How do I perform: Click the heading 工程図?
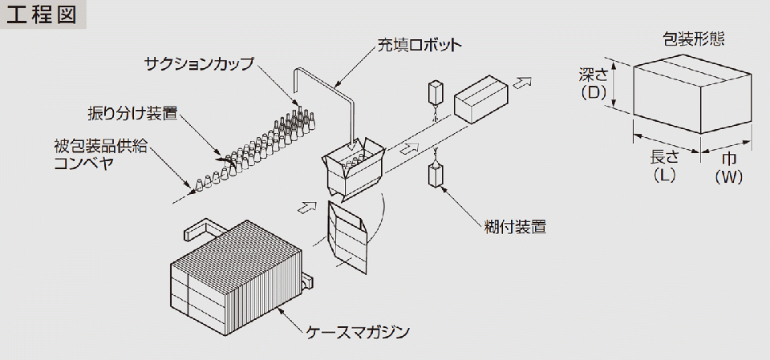point(42,17)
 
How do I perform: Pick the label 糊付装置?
point(515,226)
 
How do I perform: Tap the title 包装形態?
point(694,38)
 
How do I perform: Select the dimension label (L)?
point(664,176)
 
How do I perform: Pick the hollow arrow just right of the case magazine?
point(304,207)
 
